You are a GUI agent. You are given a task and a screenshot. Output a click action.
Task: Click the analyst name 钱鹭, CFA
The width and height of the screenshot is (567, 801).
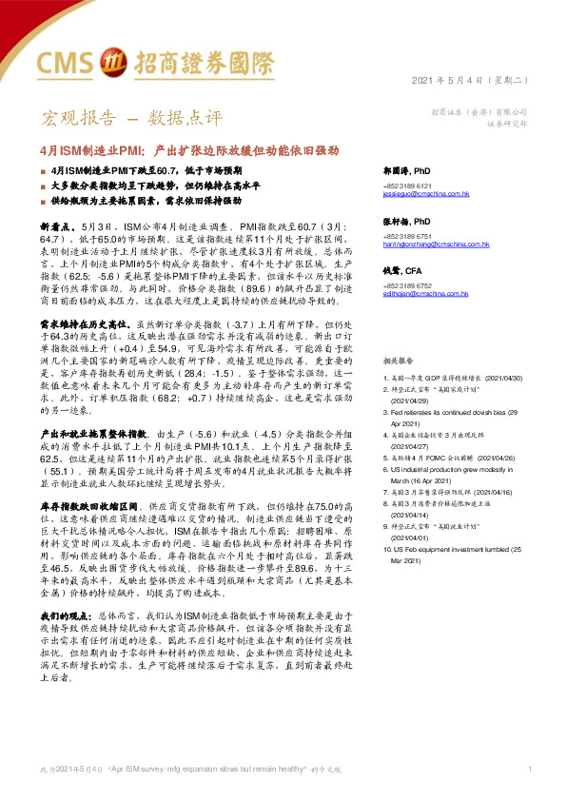399,271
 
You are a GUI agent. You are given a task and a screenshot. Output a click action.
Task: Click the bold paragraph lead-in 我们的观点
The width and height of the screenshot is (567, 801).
68,590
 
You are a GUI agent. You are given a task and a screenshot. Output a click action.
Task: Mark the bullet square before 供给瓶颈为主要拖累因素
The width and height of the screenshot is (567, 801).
43,201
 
